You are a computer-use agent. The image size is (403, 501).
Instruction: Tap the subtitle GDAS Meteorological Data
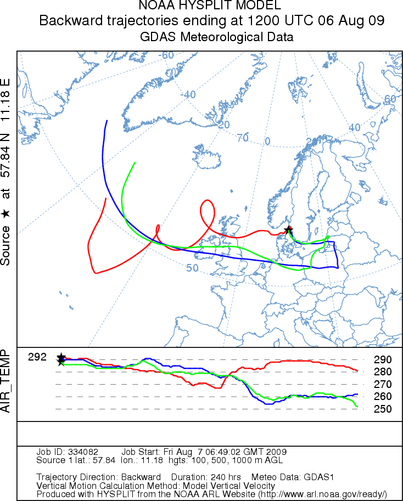coord(209,37)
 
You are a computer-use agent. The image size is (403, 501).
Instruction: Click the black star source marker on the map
coord(289,230)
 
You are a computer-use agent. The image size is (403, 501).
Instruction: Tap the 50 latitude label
coord(192,268)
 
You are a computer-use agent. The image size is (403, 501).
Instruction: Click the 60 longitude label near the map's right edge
coord(390,99)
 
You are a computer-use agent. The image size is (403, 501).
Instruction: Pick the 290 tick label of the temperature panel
coord(382,360)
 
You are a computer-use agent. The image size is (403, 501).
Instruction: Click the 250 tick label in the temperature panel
coord(382,409)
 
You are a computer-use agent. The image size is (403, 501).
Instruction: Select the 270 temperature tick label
coord(382,384)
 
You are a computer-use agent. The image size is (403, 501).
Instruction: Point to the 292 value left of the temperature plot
coord(37,357)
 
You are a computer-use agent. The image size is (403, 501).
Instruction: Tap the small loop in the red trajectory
coord(207,209)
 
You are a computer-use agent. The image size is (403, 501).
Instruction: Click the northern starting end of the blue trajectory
coord(107,121)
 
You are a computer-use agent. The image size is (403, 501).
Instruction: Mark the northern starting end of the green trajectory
coord(135,163)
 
